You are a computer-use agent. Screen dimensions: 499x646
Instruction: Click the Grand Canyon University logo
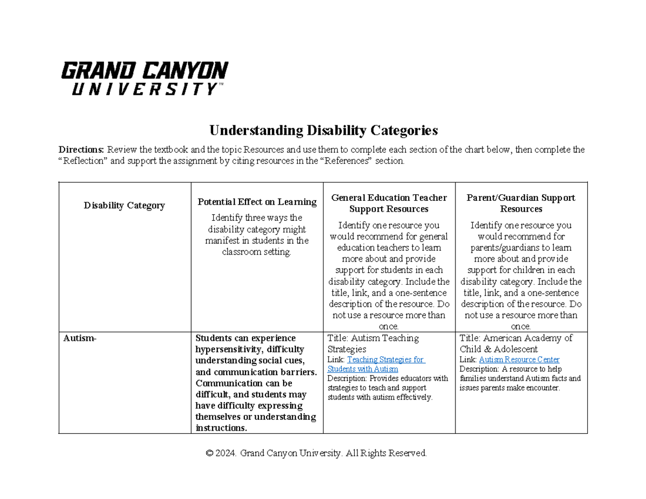144,79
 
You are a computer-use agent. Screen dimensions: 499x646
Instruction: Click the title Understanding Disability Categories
323,130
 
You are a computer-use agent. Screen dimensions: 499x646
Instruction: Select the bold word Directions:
82,150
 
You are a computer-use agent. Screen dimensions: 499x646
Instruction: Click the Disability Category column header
124,205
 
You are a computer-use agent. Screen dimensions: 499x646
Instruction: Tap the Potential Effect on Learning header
257,202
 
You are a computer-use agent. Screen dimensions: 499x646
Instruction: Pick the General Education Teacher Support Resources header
389,203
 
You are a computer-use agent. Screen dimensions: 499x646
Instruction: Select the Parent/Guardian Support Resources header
521,203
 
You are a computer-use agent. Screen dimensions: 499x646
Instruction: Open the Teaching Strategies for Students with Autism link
376,364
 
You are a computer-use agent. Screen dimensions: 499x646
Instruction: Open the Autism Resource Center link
519,360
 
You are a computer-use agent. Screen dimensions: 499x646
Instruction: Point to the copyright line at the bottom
317,453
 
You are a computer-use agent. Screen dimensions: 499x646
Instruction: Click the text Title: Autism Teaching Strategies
373,343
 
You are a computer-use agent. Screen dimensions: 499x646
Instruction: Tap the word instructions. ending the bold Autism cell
221,428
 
